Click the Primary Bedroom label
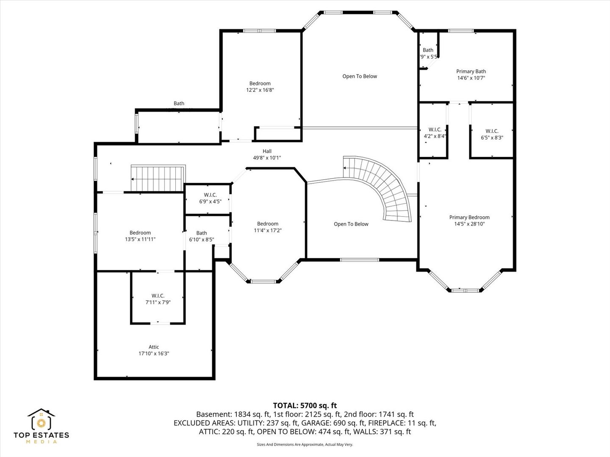[469, 217]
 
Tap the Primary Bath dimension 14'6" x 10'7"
[471, 78]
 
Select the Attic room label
[154, 347]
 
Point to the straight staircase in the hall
[157, 179]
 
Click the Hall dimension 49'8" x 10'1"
[267, 158]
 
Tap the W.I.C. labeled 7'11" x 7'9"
[158, 299]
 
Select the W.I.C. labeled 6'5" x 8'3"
[492, 134]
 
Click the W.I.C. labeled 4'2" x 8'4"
[435, 133]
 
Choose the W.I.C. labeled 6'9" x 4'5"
[210, 198]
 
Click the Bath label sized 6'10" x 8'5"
[202, 236]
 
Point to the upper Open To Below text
[360, 76]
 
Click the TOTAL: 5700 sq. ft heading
[305, 405]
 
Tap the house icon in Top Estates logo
[42, 420]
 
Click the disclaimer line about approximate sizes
[305, 444]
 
